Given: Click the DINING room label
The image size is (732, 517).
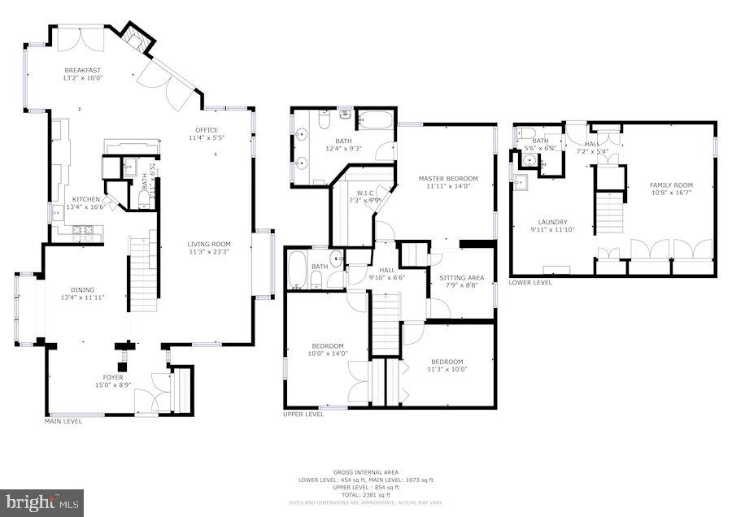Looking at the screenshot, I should pyautogui.click(x=82, y=293).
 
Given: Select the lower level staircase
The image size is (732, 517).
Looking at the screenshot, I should pyautogui.click(x=608, y=211).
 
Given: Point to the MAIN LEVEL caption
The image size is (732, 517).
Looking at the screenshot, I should pyautogui.click(x=63, y=421).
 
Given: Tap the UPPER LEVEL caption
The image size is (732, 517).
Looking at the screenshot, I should pyautogui.click(x=303, y=415).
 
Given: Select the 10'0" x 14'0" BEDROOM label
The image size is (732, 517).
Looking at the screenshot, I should pyautogui.click(x=326, y=349).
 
